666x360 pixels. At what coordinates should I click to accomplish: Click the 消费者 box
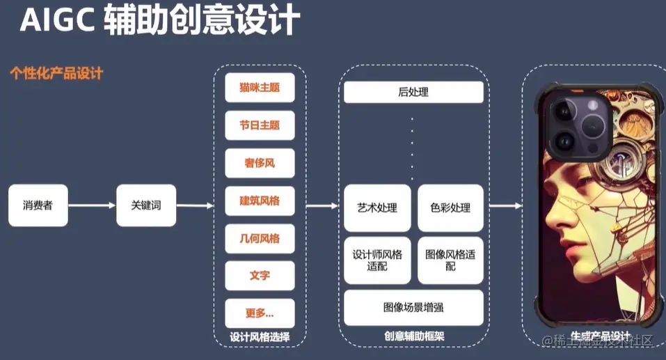[x=38, y=205]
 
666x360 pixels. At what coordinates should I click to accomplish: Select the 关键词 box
[x=146, y=205]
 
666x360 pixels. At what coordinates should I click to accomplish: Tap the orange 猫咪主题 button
[x=260, y=88]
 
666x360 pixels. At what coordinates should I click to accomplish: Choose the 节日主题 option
[x=260, y=125]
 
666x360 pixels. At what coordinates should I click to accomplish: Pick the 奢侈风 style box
[x=260, y=163]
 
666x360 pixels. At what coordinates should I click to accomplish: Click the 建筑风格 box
[x=260, y=201]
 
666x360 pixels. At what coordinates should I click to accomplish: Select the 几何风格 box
[x=260, y=238]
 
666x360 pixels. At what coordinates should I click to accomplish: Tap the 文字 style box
[x=260, y=276]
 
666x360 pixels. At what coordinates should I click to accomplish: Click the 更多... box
[x=260, y=313]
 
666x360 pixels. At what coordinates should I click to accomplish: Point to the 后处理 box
[x=413, y=92]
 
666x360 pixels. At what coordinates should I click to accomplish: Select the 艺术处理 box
[x=377, y=208]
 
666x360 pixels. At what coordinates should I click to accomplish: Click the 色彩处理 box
[x=450, y=208]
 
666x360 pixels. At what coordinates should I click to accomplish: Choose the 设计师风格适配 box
[x=377, y=260]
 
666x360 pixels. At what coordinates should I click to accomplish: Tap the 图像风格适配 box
[x=450, y=260]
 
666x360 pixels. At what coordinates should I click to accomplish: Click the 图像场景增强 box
[x=413, y=307]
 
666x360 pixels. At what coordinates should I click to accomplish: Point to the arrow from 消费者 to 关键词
[x=92, y=205]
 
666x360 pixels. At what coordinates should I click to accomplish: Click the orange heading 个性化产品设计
[x=56, y=73]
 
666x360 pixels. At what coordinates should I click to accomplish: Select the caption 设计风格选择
[x=260, y=338]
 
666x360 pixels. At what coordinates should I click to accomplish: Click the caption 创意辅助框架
[x=413, y=336]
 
